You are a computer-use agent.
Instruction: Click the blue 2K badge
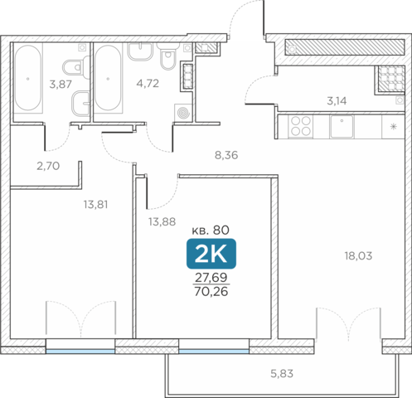(211, 254)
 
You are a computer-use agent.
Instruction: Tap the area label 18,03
(358, 256)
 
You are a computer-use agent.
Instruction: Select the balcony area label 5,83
(282, 374)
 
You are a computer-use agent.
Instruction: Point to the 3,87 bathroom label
(61, 84)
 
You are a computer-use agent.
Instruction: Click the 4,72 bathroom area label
(148, 83)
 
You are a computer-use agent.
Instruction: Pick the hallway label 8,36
(226, 155)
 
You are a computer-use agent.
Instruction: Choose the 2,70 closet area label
(48, 166)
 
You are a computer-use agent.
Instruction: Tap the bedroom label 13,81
(95, 205)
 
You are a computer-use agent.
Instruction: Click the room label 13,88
(162, 221)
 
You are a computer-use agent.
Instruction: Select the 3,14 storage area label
(337, 101)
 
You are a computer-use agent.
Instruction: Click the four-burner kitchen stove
(300, 126)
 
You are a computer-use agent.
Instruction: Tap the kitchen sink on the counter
(342, 126)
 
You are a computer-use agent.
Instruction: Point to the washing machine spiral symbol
(183, 113)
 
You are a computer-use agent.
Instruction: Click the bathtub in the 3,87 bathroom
(27, 78)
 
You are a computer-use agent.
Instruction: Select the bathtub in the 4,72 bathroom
(108, 78)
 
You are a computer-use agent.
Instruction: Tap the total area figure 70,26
(211, 291)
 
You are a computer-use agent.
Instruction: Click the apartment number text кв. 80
(211, 230)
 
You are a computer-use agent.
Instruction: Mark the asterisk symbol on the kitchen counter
(393, 127)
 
